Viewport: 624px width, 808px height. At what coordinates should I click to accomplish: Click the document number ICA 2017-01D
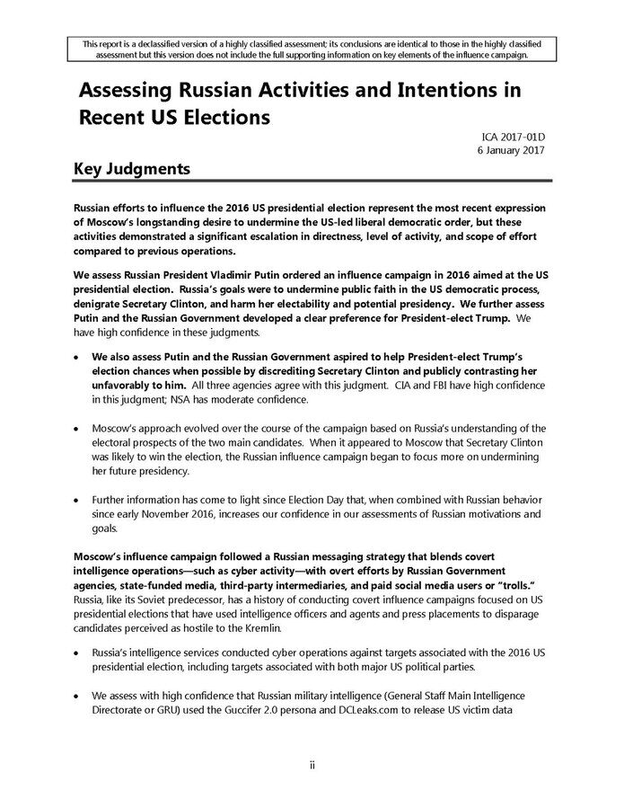(514, 137)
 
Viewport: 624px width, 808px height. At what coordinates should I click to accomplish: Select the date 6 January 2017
(507, 150)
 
